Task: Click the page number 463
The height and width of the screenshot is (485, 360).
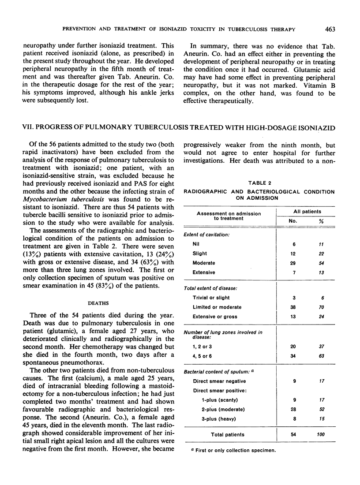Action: pos(329,30)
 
